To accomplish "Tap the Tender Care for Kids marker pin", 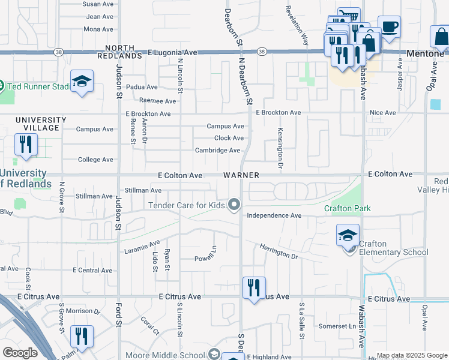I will click(x=235, y=205).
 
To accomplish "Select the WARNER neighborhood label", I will click(x=241, y=175).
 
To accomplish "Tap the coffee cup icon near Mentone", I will click(x=389, y=27).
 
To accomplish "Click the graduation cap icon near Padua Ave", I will click(x=82, y=82).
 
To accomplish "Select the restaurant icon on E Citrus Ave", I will click(x=254, y=287).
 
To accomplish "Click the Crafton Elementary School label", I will click(x=393, y=248).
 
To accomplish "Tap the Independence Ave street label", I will click(x=274, y=215).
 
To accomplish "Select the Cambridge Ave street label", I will click(x=217, y=151).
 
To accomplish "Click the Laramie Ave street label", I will click(x=142, y=247).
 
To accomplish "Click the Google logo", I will click(x=20, y=353).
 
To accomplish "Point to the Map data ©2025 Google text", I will click(x=411, y=355).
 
